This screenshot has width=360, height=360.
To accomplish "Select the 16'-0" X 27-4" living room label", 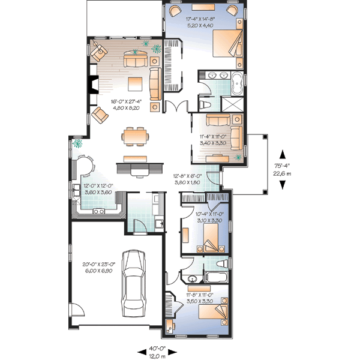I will coord(125,105).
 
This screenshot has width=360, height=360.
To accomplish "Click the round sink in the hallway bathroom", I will coord(191,279).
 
